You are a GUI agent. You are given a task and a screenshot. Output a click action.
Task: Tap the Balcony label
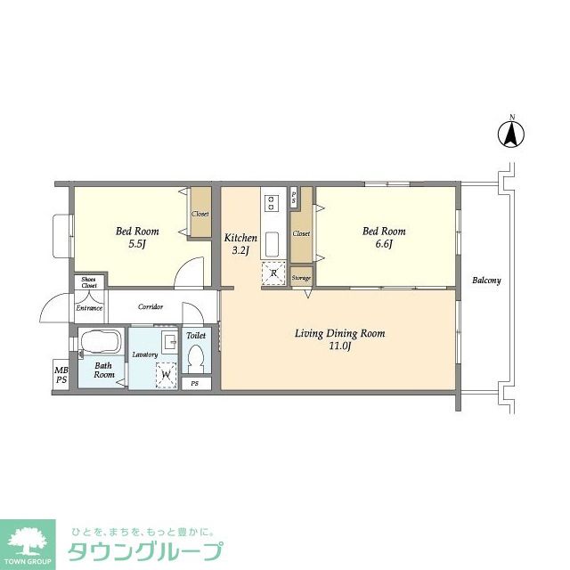[x=486, y=281]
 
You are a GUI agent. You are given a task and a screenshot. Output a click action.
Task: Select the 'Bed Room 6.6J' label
[x=384, y=238]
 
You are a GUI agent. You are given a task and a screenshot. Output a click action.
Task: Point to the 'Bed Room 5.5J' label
[x=137, y=238]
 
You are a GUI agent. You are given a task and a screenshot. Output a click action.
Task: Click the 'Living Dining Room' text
[x=339, y=339]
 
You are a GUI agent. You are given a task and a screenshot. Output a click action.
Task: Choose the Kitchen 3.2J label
[x=240, y=244]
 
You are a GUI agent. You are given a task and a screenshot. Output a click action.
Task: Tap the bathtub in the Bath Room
[x=101, y=343]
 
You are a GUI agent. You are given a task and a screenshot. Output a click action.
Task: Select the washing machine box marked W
[x=166, y=375]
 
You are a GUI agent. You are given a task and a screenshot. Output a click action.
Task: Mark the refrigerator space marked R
[x=273, y=274]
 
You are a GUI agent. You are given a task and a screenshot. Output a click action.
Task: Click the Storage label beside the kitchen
[x=301, y=279]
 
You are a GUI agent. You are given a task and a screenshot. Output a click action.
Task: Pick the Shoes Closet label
[x=88, y=282]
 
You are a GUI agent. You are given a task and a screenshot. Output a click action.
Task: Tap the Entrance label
[x=88, y=308]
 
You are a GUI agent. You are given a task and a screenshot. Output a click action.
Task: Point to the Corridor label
[x=150, y=307]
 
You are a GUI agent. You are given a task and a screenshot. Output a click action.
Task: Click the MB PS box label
[x=61, y=375]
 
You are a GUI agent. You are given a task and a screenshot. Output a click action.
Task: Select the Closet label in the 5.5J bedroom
[x=200, y=215]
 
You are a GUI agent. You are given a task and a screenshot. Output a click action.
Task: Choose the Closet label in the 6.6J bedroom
[x=301, y=233]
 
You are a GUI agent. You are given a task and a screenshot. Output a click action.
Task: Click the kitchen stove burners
[x=272, y=202]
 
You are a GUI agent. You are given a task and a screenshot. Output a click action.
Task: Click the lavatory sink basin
[x=167, y=343]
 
